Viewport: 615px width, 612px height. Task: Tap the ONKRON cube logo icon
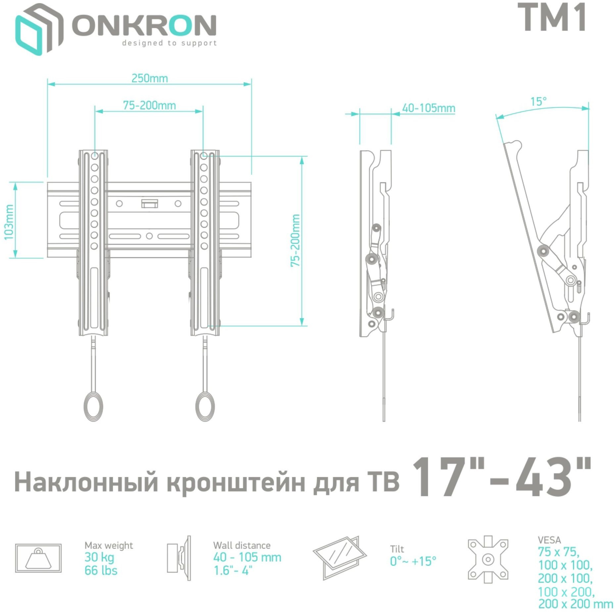coord(39,29)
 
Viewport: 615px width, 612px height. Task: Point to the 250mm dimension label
coord(150,78)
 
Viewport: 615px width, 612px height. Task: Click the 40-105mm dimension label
coord(428,108)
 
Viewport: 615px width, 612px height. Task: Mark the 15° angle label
coord(539,101)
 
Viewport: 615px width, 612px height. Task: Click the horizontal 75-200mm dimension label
coord(149,106)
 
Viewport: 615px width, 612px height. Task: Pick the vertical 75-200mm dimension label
coord(295,240)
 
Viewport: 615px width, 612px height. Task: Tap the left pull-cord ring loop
coord(93,406)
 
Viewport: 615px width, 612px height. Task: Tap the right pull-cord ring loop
coord(205,406)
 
